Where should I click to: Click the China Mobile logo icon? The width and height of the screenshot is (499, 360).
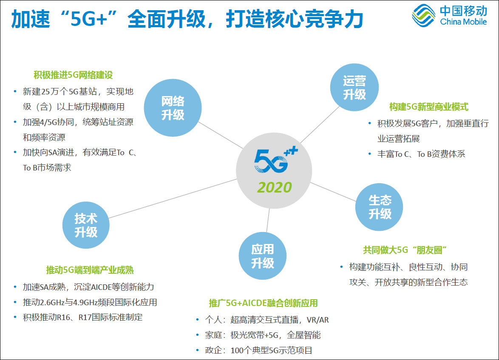point(424,15)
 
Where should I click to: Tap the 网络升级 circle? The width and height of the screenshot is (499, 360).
point(173,108)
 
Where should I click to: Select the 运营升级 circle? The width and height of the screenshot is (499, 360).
point(354,87)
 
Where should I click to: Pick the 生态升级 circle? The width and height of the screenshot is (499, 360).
point(379,207)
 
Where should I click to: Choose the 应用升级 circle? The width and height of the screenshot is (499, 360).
point(263,256)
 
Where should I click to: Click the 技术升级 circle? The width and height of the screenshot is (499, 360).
point(86,225)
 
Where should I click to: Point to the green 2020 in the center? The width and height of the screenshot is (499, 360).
point(274,187)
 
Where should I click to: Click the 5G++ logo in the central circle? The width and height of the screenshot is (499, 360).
point(275,160)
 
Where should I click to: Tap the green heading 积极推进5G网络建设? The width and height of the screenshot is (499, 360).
point(73,75)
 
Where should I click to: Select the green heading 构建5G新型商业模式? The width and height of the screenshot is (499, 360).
point(429,107)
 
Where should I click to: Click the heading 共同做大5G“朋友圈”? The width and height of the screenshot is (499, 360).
point(405,250)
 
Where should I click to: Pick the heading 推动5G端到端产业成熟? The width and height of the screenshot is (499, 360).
point(90,270)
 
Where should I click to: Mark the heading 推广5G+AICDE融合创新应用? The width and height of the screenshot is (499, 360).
point(263,303)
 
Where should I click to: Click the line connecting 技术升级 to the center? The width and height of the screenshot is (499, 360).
point(173,198)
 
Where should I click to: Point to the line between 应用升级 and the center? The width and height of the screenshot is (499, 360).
point(268,220)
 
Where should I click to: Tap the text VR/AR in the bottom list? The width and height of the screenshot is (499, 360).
point(318,320)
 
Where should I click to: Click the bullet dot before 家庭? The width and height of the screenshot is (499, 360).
point(198,335)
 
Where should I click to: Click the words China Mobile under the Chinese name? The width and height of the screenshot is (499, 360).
point(463,22)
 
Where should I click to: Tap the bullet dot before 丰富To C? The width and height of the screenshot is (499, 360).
point(369,154)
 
